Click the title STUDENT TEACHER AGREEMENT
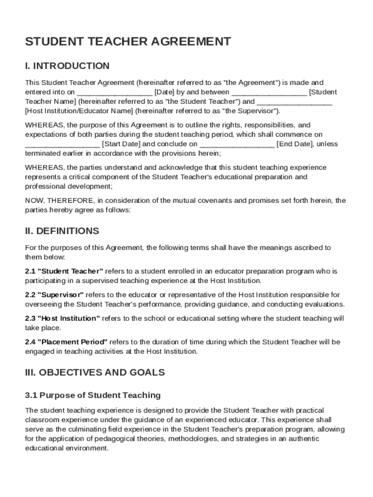(x=128, y=42)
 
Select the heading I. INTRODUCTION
(x=67, y=66)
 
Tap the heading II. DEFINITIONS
(x=62, y=231)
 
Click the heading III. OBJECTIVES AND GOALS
(x=95, y=373)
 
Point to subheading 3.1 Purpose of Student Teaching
(x=93, y=396)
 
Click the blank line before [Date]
(x=114, y=92)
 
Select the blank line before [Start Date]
(x=62, y=144)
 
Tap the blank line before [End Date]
(x=237, y=144)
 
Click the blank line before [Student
(x=269, y=92)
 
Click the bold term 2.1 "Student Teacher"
(x=64, y=271)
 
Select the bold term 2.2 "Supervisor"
(x=54, y=295)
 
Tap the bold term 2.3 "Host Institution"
(x=62, y=319)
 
